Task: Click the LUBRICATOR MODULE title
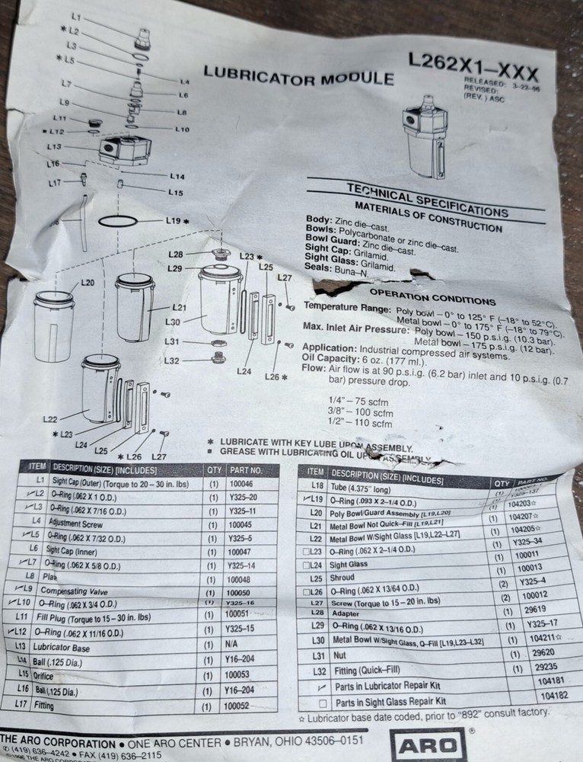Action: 298,76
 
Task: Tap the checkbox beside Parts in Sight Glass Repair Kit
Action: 323,700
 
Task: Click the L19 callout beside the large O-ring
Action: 174,220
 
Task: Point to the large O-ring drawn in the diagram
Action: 119,221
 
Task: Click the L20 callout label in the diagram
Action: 88,283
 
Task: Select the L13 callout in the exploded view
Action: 54,146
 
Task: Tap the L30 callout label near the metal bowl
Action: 173,322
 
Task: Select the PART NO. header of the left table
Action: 245,470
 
